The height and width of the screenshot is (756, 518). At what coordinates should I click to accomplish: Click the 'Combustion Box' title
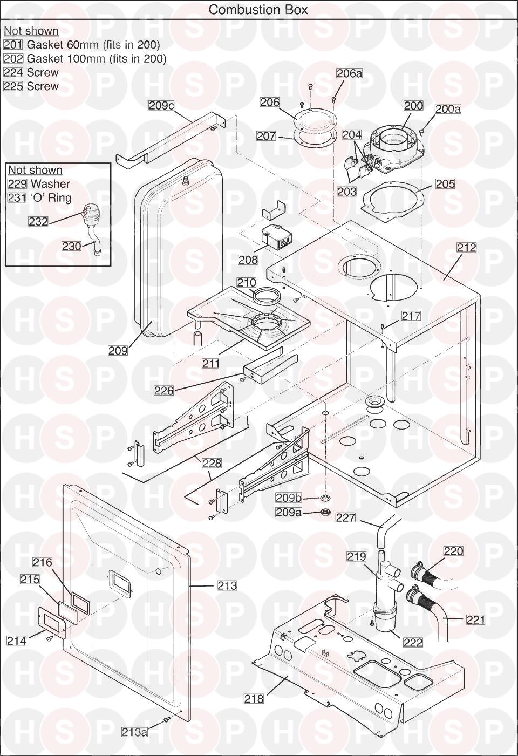[x=258, y=10]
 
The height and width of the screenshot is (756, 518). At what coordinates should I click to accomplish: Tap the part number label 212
[x=466, y=247]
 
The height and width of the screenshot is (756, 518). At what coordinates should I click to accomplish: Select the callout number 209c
[x=161, y=105]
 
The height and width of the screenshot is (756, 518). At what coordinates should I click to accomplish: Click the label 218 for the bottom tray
[x=254, y=699]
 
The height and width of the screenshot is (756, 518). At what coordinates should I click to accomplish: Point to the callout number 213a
[x=134, y=732]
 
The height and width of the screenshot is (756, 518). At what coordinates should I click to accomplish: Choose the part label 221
[x=475, y=619]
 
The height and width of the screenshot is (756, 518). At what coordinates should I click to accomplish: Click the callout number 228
[x=212, y=463]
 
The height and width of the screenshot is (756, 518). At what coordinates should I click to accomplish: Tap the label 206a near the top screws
[x=349, y=73]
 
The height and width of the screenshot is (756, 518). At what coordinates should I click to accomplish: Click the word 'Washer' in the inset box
[x=50, y=184]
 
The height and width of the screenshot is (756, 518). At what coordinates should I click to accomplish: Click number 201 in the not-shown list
[x=13, y=45]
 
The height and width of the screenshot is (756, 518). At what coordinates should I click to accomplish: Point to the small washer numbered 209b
[x=326, y=498]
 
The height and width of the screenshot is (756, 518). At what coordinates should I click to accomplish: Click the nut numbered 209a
[x=326, y=512]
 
